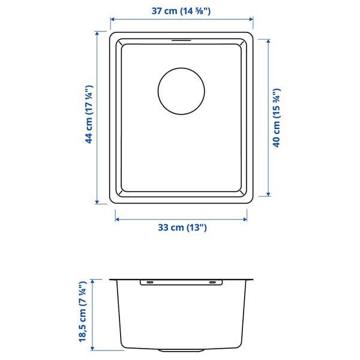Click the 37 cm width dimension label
pos(181,10)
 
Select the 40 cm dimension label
pos(277,118)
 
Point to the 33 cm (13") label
pos(181,227)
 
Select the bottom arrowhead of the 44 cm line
pos(97,203)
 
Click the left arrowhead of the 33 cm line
pos(118,220)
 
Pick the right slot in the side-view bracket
pos(213,281)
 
